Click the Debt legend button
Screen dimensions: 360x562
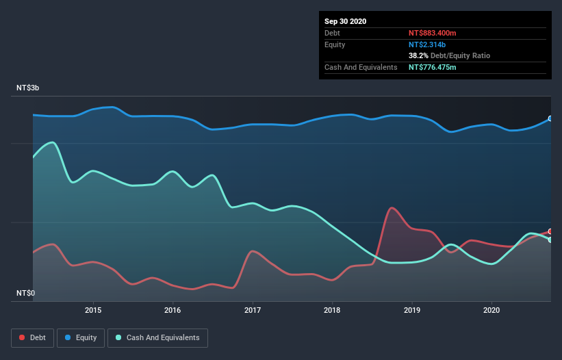pos(34,337)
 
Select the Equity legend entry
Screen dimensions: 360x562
pos(81,337)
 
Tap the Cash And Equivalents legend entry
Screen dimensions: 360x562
pos(157,337)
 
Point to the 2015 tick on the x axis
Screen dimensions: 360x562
pos(93,309)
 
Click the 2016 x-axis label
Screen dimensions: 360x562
pos(173,309)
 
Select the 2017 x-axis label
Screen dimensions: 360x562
pos(253,309)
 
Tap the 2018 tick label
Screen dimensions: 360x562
pos(332,309)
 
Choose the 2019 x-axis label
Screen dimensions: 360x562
pos(412,309)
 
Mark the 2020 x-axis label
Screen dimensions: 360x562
pos(491,309)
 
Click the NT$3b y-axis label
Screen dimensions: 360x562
pos(28,88)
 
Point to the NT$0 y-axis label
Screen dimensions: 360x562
pos(25,293)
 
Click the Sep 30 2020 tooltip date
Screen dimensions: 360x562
pos(346,21)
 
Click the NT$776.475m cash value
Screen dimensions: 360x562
pos(432,67)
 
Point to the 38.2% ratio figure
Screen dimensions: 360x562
pos(418,55)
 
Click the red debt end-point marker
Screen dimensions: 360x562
pos(550,231)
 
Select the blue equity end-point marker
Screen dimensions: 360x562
pos(550,118)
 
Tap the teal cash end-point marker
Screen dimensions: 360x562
pos(550,240)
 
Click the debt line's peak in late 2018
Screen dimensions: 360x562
pos(391,207)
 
